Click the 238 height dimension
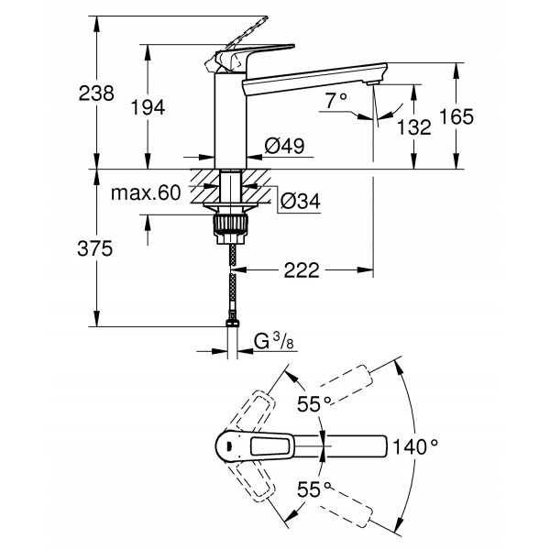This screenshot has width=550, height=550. pos(95,93)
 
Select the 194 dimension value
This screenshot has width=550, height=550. pos(148,107)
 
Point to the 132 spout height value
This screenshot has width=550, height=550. pos(414,127)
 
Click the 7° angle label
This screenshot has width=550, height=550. pos(336,99)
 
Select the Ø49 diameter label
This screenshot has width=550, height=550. pos(283,146)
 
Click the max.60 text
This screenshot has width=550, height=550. pos(145,193)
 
